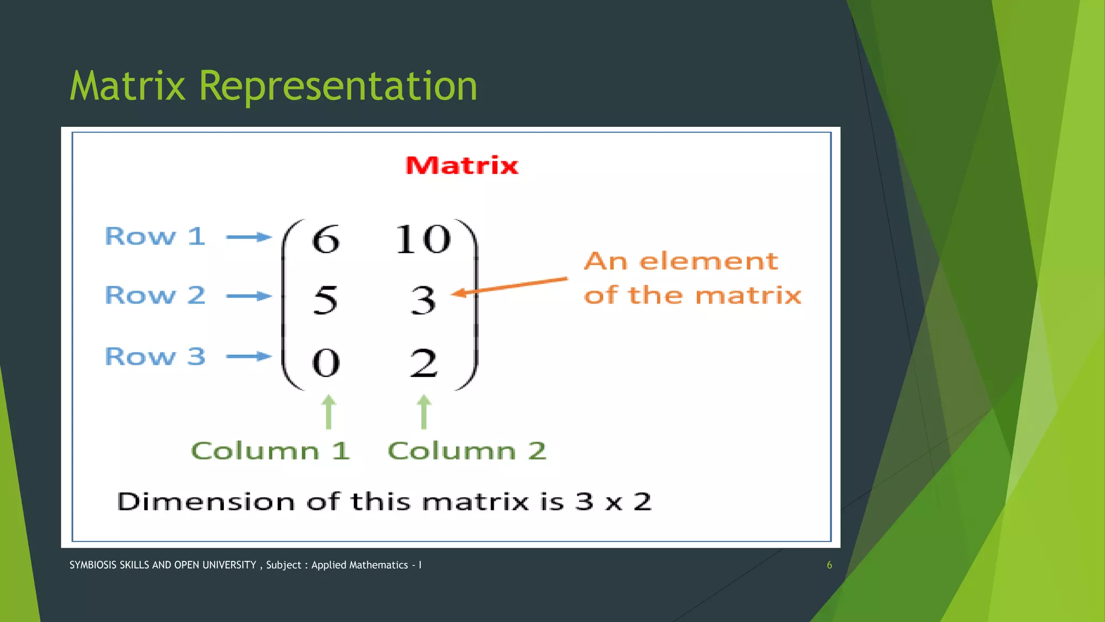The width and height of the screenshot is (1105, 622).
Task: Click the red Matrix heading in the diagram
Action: pyautogui.click(x=462, y=165)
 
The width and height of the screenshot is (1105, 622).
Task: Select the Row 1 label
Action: pyautogui.click(x=155, y=236)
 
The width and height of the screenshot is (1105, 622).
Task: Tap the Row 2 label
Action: pyautogui.click(x=155, y=295)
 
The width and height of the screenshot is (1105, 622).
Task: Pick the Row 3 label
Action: pyautogui.click(x=155, y=356)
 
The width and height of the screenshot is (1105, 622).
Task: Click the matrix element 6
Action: pyautogui.click(x=326, y=239)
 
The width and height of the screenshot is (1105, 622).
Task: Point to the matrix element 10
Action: pyautogui.click(x=423, y=239)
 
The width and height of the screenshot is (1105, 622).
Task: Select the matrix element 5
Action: pyautogui.click(x=325, y=300)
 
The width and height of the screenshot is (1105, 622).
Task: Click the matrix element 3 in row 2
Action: pyautogui.click(x=423, y=300)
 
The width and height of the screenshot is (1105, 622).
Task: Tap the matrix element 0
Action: pyautogui.click(x=326, y=363)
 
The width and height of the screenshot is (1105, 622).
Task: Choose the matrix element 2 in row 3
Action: pyautogui.click(x=424, y=363)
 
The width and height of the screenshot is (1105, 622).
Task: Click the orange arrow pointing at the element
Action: pyautogui.click(x=510, y=286)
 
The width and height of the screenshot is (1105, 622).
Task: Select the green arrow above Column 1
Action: pyautogui.click(x=329, y=412)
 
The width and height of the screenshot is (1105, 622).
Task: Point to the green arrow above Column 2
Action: pyautogui.click(x=424, y=412)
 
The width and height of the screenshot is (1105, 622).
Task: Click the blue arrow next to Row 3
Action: pyautogui.click(x=249, y=356)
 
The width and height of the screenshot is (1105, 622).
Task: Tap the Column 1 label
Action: pyautogui.click(x=270, y=451)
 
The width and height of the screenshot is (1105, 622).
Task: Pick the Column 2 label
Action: pyautogui.click(x=467, y=451)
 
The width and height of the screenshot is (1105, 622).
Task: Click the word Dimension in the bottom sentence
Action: pyautogui.click(x=206, y=502)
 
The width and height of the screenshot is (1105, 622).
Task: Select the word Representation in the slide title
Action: pyautogui.click(x=338, y=86)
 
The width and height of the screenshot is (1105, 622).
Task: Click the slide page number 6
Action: pyautogui.click(x=829, y=565)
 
